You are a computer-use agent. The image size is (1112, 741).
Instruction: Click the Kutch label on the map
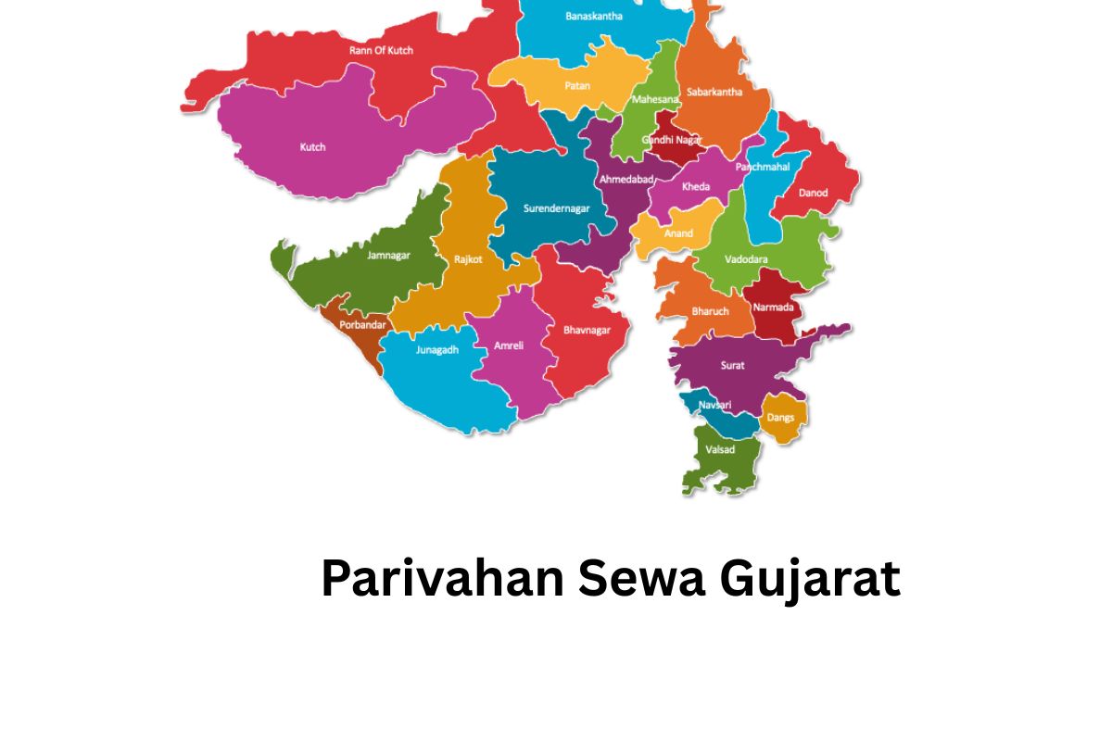tap(313, 147)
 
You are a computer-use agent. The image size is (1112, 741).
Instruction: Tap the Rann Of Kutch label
tap(381, 50)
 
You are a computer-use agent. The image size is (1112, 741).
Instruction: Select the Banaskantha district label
tap(594, 16)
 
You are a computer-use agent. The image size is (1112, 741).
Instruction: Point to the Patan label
tap(577, 86)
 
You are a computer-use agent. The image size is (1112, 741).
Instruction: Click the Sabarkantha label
tap(714, 92)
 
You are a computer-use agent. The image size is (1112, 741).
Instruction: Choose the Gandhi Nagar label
tap(673, 140)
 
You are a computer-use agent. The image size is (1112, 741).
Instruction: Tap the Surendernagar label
tap(556, 208)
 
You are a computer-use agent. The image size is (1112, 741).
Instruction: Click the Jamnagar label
tap(388, 255)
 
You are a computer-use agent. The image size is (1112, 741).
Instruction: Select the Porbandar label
tap(361, 325)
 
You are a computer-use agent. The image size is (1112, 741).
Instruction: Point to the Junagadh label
tap(437, 350)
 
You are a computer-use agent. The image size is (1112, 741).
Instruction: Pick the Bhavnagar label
tap(587, 329)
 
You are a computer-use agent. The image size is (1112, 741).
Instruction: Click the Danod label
tap(814, 193)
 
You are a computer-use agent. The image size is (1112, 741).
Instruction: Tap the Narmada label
tap(772, 307)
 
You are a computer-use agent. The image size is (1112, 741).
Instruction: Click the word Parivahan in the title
tap(443, 580)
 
